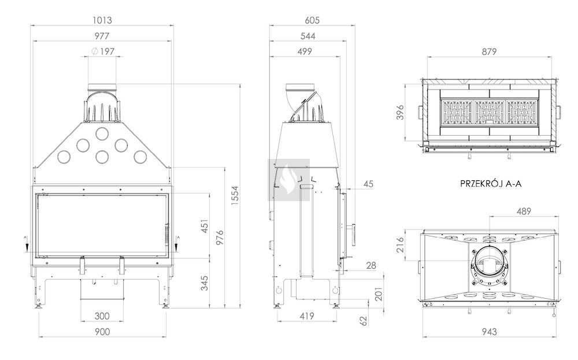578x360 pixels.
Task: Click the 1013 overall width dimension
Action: tap(102, 20)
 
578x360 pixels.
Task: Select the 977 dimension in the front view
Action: tap(102, 36)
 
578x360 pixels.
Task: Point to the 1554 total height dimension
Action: tap(235, 196)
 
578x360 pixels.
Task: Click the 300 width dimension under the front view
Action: tap(102, 316)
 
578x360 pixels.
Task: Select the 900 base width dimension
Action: tap(102, 332)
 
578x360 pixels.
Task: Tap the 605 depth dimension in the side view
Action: tap(312, 20)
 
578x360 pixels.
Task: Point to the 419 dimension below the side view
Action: tap(307, 316)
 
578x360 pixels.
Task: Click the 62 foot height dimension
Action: tap(364, 321)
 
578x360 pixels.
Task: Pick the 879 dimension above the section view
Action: tap(489, 51)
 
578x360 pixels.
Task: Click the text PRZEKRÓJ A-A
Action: tap(491, 184)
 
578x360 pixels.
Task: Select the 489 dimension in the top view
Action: tap(524, 211)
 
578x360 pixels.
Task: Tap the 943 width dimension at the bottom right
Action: tap(489, 332)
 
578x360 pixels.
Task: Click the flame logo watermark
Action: tap(288, 180)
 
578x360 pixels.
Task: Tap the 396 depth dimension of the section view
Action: tap(400, 112)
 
